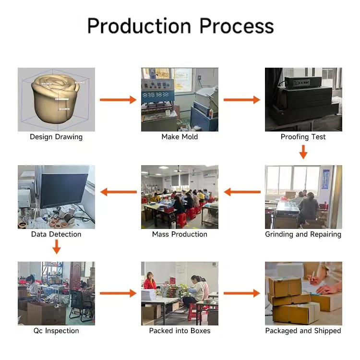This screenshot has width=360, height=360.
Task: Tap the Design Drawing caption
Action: (x=56, y=137)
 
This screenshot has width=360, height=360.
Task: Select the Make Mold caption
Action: (x=180, y=137)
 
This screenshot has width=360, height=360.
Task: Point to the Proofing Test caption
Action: (x=303, y=137)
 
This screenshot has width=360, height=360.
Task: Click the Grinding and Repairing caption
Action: (x=303, y=234)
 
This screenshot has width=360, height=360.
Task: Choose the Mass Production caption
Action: (x=180, y=234)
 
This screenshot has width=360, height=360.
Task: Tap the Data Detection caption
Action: (x=56, y=234)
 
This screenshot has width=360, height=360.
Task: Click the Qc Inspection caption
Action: (x=56, y=331)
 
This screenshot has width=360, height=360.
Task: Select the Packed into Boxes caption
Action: (x=180, y=331)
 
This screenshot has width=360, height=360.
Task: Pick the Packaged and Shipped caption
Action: (x=303, y=331)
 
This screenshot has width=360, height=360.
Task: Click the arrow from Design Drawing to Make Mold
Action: (x=118, y=100)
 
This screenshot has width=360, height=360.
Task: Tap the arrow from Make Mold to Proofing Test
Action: (x=242, y=100)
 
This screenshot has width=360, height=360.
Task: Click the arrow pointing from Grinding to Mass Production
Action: (x=242, y=192)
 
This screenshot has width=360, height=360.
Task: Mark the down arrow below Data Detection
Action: (x=57, y=247)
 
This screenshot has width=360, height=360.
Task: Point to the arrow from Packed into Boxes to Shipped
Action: (x=242, y=293)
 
